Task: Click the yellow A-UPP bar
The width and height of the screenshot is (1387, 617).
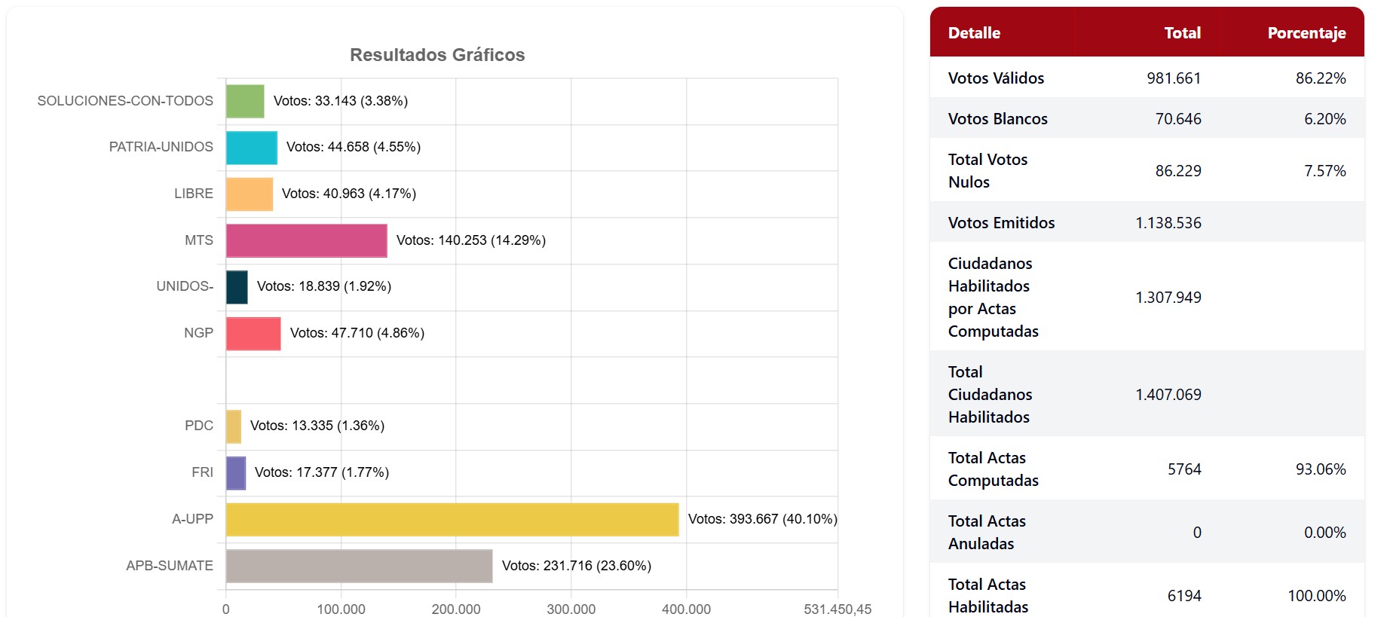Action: click(452, 520)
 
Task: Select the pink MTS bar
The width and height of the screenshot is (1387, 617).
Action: click(306, 240)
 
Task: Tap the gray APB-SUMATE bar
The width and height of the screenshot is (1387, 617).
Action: click(359, 566)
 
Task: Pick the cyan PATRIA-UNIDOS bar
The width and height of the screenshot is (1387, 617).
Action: click(251, 148)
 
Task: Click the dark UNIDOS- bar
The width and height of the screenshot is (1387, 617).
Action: click(237, 287)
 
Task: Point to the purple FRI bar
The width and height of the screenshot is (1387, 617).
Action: click(236, 473)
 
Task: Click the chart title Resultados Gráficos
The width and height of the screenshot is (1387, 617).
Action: click(437, 55)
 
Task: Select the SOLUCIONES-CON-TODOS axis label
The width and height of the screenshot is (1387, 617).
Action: click(125, 101)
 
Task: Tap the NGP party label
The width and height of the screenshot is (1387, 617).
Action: click(198, 333)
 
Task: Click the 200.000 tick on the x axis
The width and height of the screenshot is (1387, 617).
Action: click(456, 609)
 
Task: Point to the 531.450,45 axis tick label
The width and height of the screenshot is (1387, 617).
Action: click(837, 609)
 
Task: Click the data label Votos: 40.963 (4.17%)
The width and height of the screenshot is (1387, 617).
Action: click(349, 194)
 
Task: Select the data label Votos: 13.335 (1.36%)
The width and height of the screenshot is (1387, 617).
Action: click(317, 426)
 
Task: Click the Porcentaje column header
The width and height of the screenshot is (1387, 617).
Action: click(1306, 33)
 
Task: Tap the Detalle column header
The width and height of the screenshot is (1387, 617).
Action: click(974, 33)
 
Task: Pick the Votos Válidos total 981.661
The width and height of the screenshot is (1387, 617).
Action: click(1174, 78)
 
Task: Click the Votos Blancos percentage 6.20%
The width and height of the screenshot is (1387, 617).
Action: click(1324, 119)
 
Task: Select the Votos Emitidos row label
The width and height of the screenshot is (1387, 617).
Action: click(1001, 223)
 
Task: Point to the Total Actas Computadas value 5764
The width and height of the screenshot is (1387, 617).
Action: click(1184, 469)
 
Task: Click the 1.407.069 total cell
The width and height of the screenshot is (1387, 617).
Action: click(1168, 395)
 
